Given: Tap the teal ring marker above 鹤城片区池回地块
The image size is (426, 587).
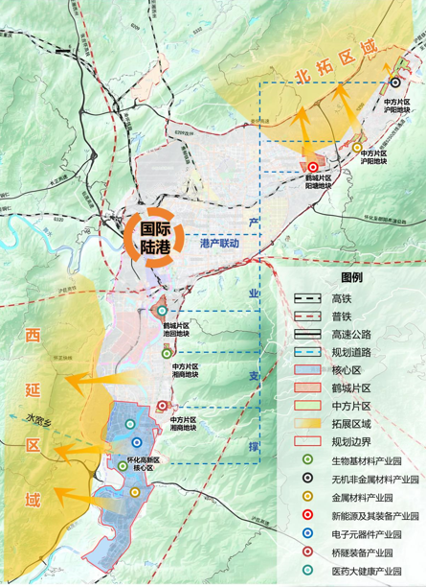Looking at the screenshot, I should pyautogui.click(x=162, y=311).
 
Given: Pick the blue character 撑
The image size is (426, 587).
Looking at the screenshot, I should pyautogui.click(x=254, y=420).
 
